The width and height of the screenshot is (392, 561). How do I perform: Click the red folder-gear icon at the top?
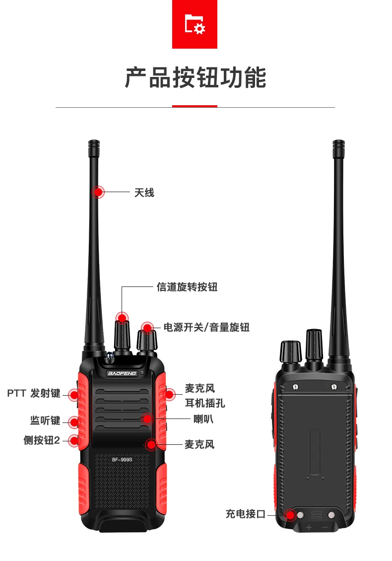point(195,24)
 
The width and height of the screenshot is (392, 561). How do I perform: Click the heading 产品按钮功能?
point(195,78)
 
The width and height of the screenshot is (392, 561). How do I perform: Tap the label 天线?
point(144,193)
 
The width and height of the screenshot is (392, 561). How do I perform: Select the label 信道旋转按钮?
point(187,287)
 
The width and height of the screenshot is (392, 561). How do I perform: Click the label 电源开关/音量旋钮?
point(206,327)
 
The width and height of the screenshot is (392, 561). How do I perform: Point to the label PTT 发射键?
point(34,393)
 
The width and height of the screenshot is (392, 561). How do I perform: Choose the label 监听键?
point(45,421)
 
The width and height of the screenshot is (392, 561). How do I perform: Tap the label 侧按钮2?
point(42,440)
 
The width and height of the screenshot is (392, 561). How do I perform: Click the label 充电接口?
point(246,514)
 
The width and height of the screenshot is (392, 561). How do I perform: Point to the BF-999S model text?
point(122,460)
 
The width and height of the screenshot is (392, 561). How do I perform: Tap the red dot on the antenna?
point(99,192)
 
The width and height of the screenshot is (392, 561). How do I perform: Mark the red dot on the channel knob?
point(122,317)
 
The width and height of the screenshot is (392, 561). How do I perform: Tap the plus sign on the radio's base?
point(309,527)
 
